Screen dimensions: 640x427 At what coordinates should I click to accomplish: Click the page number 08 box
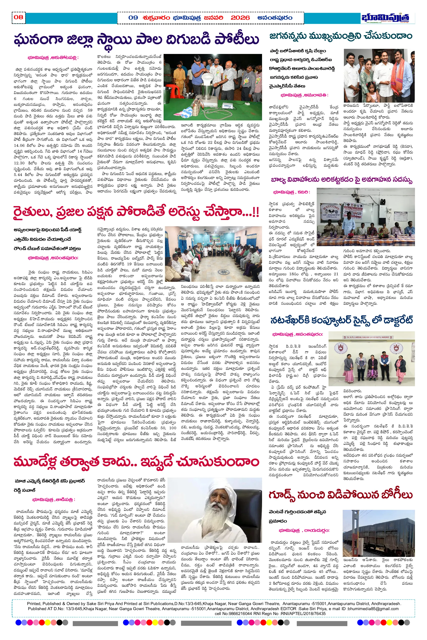19,17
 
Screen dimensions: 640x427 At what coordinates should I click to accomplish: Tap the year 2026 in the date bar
240,18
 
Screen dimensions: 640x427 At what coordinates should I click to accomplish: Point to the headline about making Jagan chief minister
341,36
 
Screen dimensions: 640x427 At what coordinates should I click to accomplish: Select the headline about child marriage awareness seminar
342,180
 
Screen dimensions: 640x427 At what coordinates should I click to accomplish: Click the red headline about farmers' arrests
136,213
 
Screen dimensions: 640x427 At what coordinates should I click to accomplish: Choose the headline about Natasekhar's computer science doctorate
342,320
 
